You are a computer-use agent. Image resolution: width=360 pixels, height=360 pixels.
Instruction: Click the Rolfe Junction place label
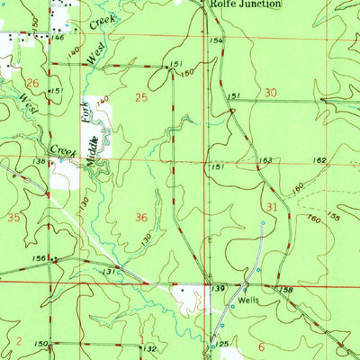(x=246, y=4)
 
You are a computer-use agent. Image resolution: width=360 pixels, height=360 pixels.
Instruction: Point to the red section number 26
(x=31, y=83)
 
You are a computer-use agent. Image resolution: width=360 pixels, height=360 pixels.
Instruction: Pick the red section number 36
(x=140, y=218)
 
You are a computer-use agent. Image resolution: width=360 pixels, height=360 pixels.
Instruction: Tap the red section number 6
(x=261, y=346)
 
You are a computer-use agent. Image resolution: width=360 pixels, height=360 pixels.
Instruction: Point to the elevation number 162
(x=319, y=159)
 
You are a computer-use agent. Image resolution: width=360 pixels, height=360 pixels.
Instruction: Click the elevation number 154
(x=216, y=41)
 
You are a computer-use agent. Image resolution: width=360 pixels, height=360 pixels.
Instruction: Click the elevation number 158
(x=287, y=290)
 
